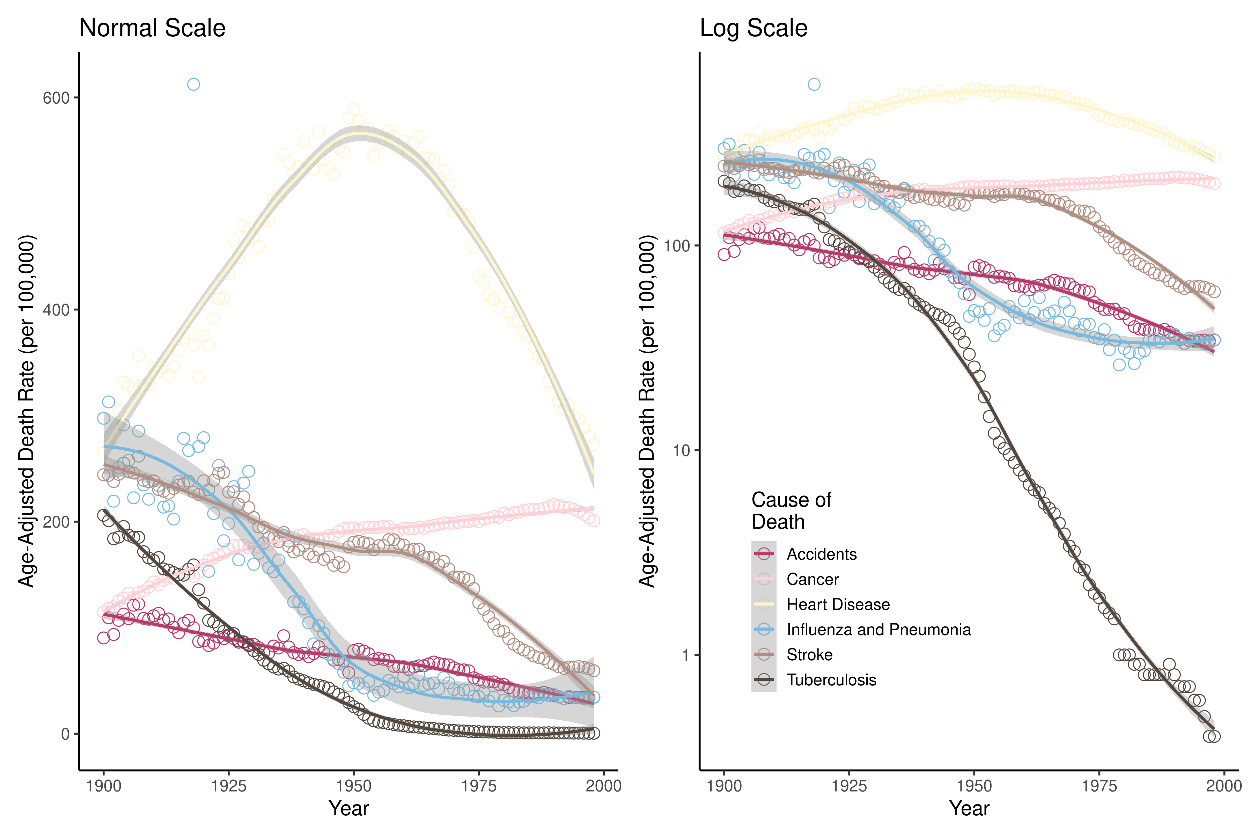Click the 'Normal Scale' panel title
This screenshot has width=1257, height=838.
[152, 28]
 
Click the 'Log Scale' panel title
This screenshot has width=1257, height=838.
[753, 28]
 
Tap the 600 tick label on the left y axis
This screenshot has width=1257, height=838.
[56, 98]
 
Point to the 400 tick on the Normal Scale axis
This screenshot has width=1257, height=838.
[56, 310]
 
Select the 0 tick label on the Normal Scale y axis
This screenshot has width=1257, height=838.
[65, 734]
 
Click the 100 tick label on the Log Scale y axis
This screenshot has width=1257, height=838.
[677, 246]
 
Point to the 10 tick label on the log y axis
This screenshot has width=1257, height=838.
[682, 450]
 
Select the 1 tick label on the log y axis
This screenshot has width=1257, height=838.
[686, 655]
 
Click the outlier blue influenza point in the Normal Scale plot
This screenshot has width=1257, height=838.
[193, 84]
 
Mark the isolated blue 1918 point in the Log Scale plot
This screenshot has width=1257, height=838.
[814, 84]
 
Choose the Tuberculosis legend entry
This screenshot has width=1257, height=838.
[831, 680]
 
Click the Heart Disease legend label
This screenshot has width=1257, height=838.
[838, 604]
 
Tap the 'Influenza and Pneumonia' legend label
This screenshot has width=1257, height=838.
[878, 630]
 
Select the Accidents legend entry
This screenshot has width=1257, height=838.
[822, 554]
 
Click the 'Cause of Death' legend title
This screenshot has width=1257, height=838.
[791, 510]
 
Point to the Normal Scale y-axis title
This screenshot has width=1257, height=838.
[27, 412]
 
